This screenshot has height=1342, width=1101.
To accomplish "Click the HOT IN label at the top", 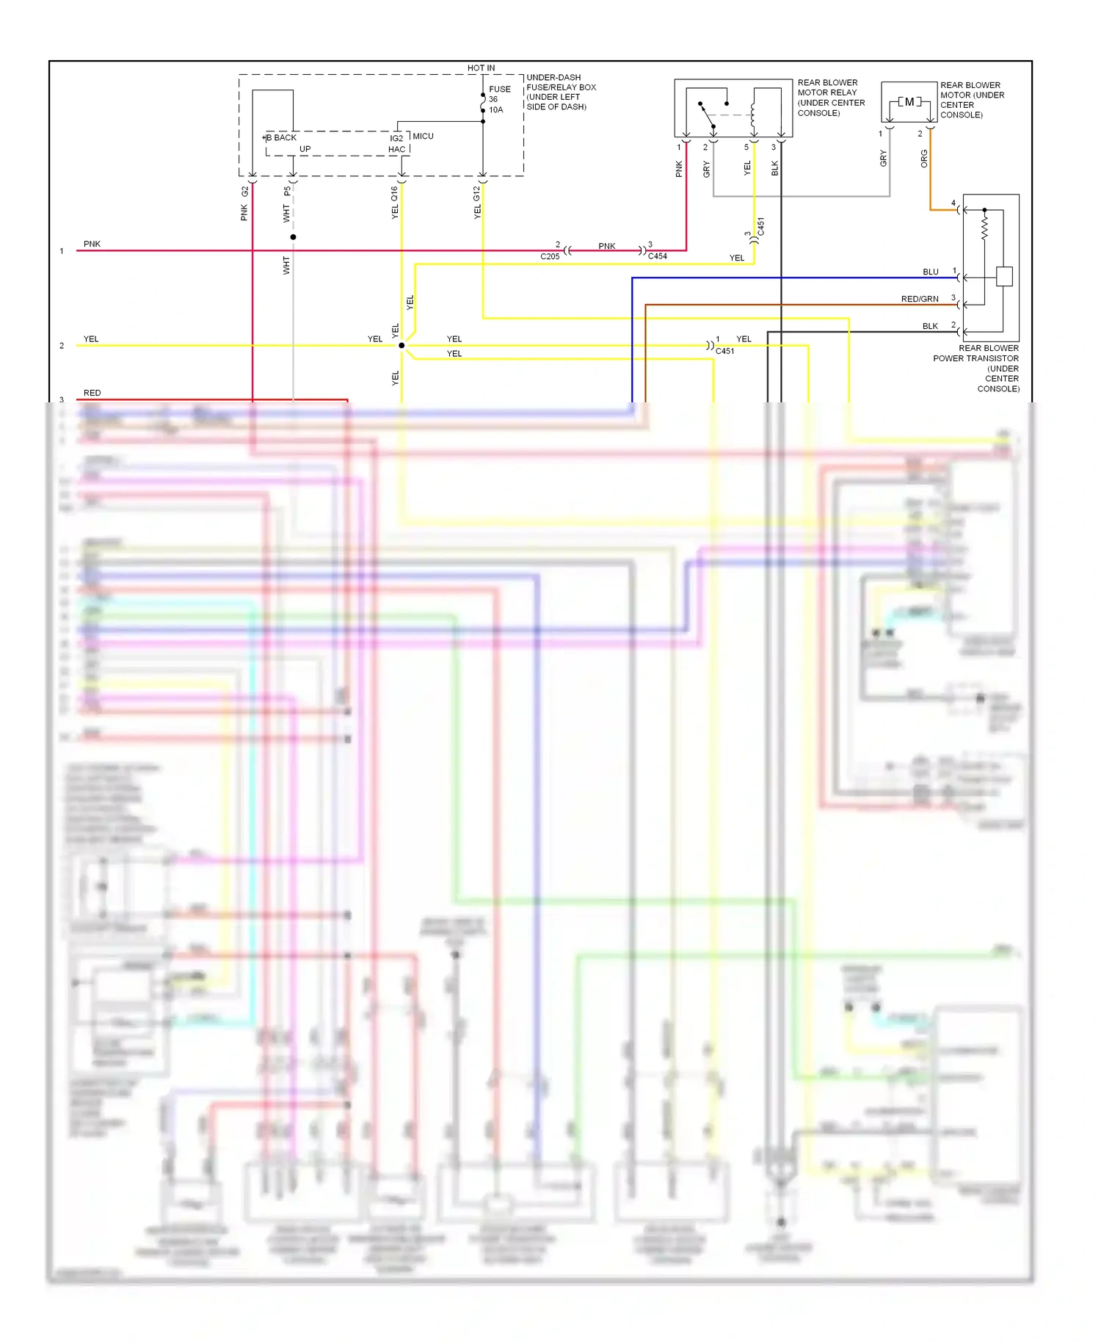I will (481, 68).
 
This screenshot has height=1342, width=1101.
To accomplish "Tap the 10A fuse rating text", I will (496, 110).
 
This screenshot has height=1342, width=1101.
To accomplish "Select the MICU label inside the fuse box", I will (423, 137).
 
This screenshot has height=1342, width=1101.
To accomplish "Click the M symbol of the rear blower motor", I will (909, 102).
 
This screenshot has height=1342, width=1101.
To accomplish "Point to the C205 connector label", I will (550, 257).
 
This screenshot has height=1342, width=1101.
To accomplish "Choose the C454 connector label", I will (658, 256).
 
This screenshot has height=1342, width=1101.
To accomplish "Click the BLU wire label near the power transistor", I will (931, 272).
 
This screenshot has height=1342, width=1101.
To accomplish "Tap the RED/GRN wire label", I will (920, 300).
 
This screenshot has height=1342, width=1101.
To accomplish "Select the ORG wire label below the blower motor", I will (924, 159).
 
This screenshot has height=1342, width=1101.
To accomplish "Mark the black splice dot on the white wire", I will (293, 237).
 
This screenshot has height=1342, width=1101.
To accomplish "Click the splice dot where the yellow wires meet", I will (401, 345).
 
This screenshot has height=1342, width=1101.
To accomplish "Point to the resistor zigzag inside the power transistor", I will (984, 227).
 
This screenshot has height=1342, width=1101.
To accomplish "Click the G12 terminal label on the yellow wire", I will (477, 194).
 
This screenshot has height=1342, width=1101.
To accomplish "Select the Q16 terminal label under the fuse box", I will (395, 194).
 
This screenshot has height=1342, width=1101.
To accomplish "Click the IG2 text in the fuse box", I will (396, 138).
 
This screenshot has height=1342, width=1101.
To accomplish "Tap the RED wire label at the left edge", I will (92, 393).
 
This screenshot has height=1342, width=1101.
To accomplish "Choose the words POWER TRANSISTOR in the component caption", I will (975, 359).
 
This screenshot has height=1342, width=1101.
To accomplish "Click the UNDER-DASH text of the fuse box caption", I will (553, 78).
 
